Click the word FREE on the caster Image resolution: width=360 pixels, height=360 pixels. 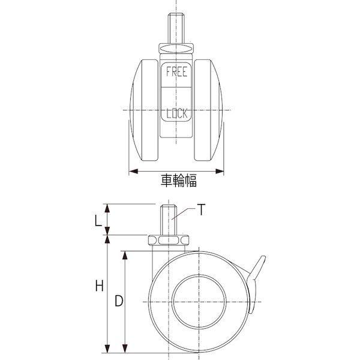tap(176, 71)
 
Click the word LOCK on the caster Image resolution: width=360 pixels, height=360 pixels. tap(177, 113)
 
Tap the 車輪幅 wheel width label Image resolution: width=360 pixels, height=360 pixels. tap(179, 181)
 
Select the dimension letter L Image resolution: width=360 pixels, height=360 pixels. tap(98, 221)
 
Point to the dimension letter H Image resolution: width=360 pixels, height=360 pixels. tap(99, 286)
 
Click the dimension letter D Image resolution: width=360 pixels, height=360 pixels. tap(119, 301)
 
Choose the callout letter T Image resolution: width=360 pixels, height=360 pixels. tap(201, 209)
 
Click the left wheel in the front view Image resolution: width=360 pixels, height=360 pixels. tap(144, 110)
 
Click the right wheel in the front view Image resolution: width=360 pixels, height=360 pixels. tap(208, 110)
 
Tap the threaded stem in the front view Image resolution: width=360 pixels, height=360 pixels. tap(176, 28)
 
